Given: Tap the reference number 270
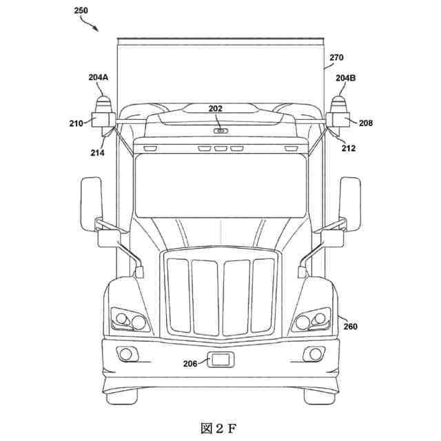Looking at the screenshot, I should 336,59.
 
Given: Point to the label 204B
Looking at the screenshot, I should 346,78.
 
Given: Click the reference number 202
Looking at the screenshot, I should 216,107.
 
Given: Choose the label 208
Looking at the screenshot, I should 366,123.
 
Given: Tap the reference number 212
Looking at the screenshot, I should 348,147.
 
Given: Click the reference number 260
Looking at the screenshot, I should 351,327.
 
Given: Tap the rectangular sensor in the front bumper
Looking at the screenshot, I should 220,360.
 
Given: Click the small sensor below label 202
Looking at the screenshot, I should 220,130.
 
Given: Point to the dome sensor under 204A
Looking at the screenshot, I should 103,105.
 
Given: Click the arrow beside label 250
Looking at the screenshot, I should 90,25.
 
